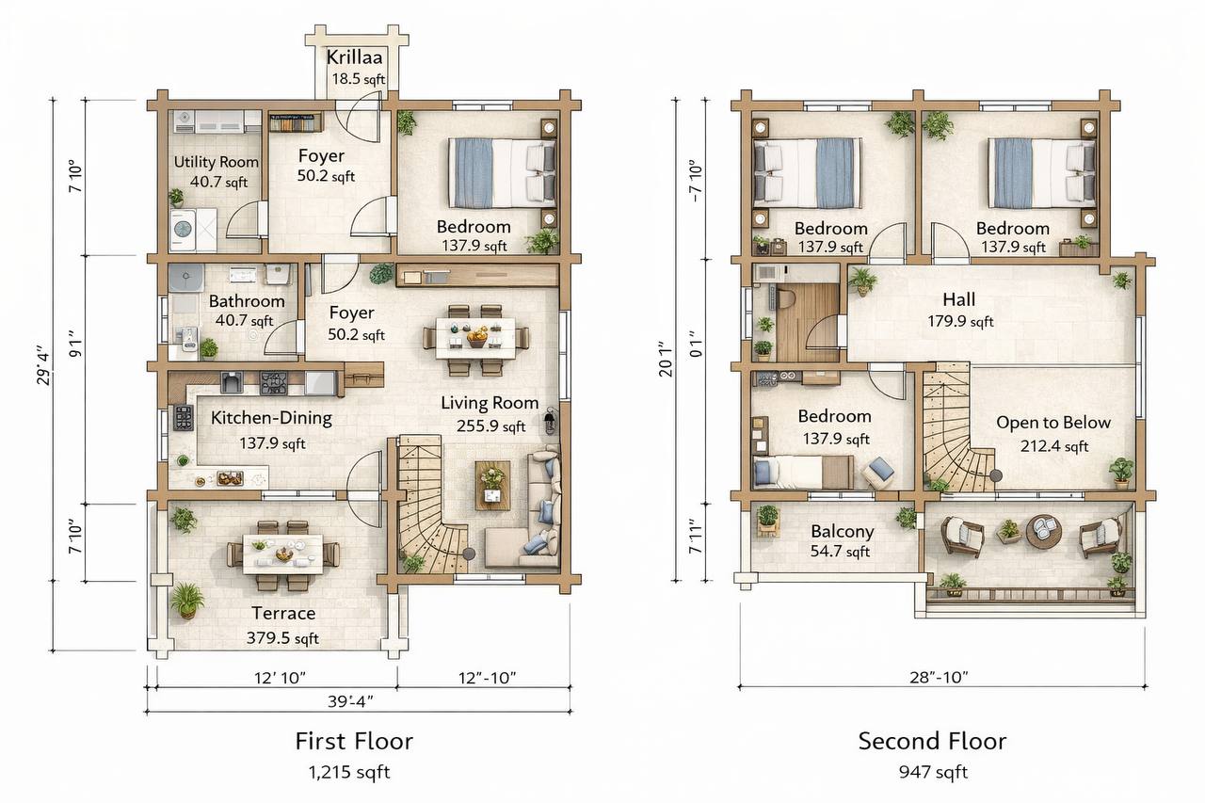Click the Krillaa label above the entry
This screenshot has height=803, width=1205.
[354, 57]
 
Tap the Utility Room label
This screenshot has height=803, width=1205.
[217, 162]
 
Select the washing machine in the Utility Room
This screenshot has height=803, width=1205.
[183, 230]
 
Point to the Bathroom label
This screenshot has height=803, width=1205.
[247, 301]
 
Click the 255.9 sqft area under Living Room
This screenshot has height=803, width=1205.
[490, 426]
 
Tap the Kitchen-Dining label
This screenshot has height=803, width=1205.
[271, 418]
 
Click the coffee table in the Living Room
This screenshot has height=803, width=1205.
[492, 485]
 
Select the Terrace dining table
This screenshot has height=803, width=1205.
[283, 554]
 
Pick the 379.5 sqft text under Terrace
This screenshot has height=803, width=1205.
[282, 638]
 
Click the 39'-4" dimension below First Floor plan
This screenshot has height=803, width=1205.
[351, 701]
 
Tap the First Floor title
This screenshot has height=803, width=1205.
[354, 741]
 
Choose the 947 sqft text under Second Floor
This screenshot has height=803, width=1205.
[933, 772]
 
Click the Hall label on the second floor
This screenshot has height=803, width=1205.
[958, 299]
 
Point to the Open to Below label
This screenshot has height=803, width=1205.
[1053, 423]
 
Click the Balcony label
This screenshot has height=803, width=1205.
[842, 531]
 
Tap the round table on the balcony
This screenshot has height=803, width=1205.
[1044, 532]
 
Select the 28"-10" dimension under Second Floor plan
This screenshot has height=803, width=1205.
[939, 677]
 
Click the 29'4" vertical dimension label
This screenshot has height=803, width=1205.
[43, 368]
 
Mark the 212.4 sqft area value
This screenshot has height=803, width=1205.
[1054, 446]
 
